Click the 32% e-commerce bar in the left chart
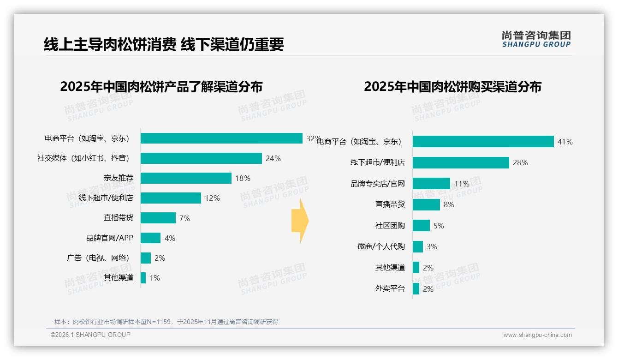(221, 138)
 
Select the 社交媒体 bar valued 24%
(201, 158)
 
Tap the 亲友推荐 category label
(119, 178)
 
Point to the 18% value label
(243, 178)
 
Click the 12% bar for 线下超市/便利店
(171, 198)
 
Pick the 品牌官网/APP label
(110, 238)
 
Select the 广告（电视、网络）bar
(146, 258)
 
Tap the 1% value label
(154, 278)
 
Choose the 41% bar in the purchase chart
(483, 142)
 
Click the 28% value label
(520, 163)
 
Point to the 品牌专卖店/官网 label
(377, 184)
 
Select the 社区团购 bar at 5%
(421, 226)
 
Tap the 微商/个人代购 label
(381, 246)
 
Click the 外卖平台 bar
(416, 289)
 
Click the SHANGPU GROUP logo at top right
(536, 39)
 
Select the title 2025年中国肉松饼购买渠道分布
(452, 87)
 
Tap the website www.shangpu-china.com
(537, 335)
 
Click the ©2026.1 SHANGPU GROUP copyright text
(90, 335)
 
